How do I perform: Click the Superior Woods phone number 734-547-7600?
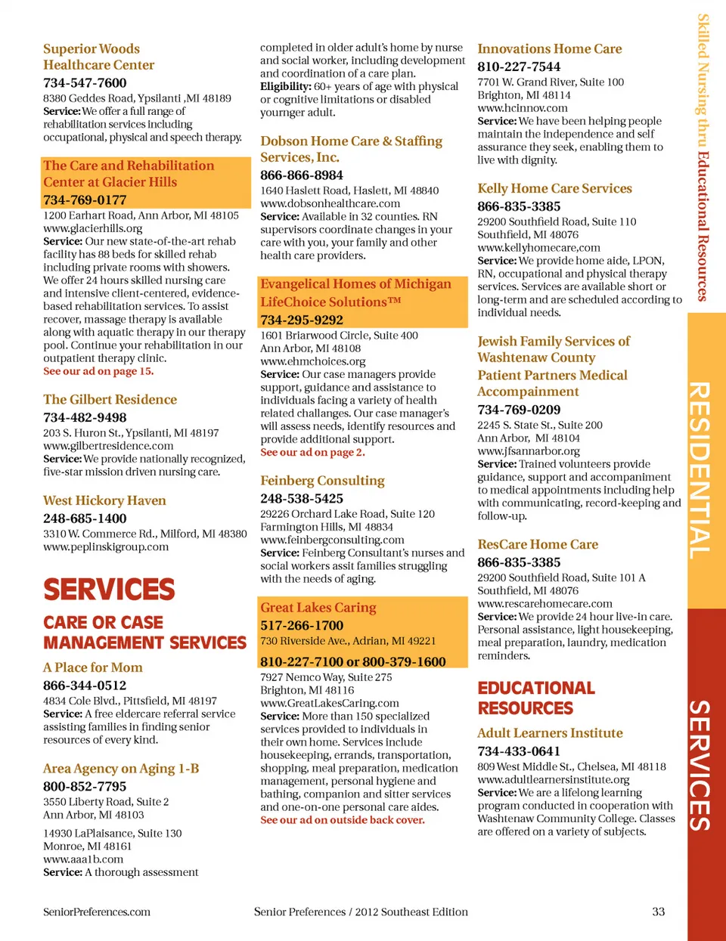click(x=85, y=82)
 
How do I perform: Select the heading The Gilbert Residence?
click(x=110, y=399)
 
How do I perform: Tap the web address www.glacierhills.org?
click(x=92, y=228)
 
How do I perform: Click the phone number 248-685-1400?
click(x=85, y=518)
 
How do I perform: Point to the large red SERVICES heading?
click(x=109, y=590)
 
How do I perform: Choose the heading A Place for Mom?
click(x=92, y=667)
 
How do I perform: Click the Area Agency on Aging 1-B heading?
click(x=121, y=769)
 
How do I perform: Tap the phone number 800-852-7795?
click(x=85, y=787)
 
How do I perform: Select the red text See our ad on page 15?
click(x=98, y=371)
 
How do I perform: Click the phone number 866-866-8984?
click(x=302, y=175)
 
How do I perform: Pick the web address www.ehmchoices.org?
click(x=313, y=361)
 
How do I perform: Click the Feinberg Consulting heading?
click(x=322, y=481)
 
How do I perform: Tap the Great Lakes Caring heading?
click(x=318, y=608)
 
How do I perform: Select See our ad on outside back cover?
click(x=343, y=820)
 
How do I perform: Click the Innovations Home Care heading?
click(x=549, y=48)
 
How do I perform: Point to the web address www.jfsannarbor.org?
click(x=529, y=451)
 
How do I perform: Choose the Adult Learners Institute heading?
click(x=550, y=733)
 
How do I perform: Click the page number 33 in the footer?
click(x=659, y=912)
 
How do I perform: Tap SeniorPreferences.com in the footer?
click(x=97, y=912)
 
